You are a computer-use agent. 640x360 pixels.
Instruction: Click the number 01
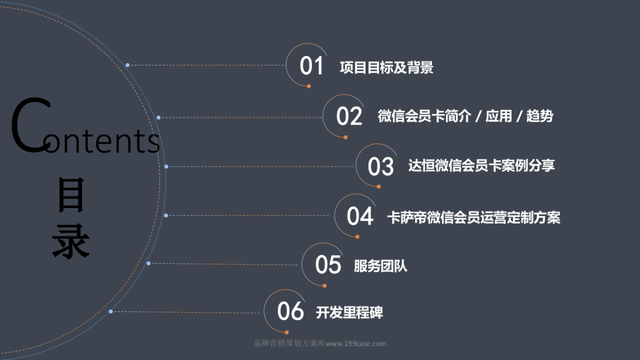coord(311,67)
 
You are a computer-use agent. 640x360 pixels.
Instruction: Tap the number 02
coord(349,116)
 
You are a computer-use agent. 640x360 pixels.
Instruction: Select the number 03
coord(381,166)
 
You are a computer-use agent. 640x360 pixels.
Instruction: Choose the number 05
coord(328,265)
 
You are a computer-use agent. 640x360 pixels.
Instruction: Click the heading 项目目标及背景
coord(387,68)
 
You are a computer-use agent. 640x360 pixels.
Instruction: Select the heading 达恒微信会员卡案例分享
coord(482,165)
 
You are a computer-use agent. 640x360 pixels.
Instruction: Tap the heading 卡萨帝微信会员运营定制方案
coord(474,217)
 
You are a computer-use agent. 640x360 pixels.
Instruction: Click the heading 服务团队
coord(380,266)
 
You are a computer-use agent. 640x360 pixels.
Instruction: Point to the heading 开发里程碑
coord(349,313)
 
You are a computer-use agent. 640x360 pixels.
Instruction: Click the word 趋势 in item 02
coord(539,116)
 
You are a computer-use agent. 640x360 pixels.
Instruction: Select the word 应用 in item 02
coord(499,116)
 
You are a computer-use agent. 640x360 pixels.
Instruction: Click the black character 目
coord(71,196)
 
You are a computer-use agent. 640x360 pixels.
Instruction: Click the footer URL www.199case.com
coord(356,344)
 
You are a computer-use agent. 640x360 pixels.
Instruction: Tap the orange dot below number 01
coord(309,86)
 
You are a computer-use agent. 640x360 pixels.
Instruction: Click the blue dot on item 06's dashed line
coord(110,311)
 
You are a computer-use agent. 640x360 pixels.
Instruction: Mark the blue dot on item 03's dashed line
coord(166,166)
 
